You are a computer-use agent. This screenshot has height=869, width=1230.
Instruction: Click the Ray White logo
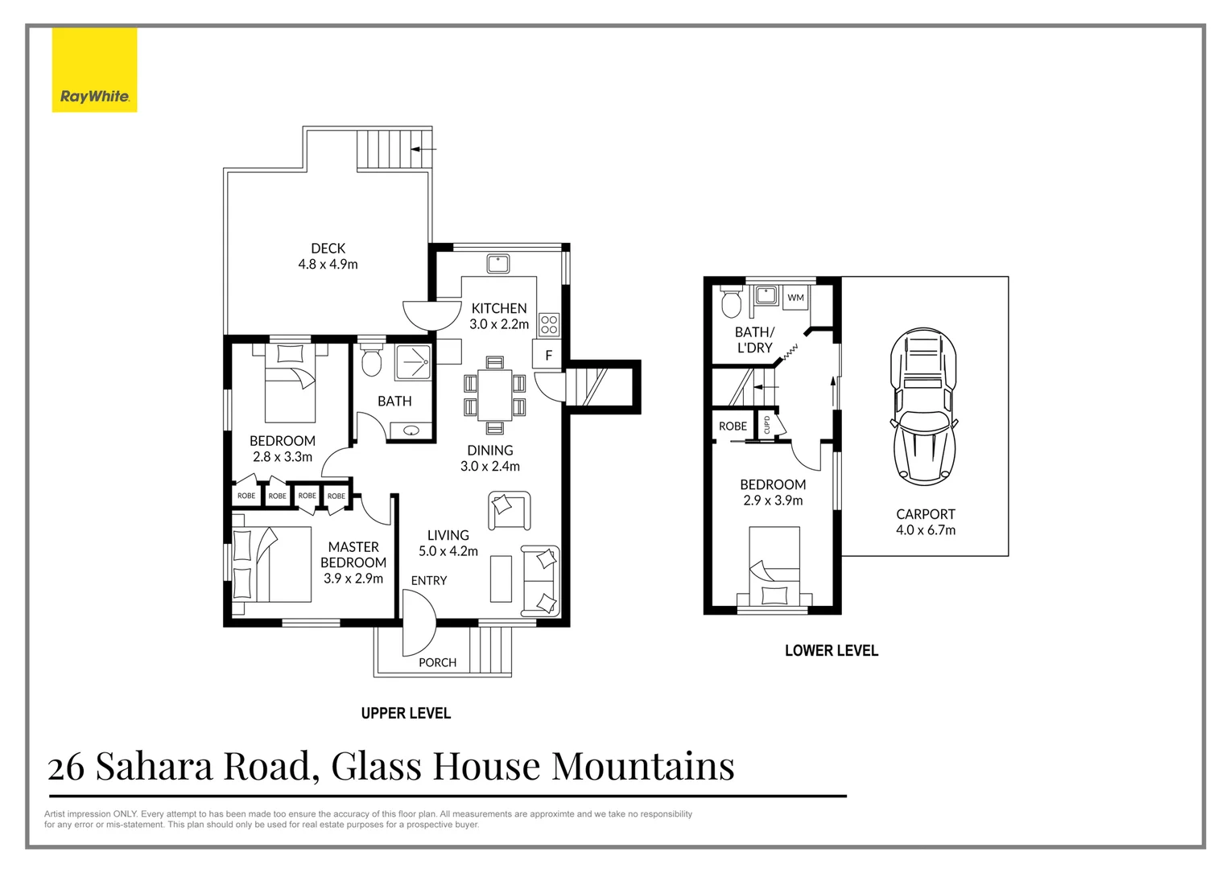click(94, 71)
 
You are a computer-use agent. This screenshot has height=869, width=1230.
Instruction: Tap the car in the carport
click(923, 406)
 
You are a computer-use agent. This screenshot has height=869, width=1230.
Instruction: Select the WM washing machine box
click(795, 298)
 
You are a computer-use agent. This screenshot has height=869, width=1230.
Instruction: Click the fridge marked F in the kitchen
click(548, 355)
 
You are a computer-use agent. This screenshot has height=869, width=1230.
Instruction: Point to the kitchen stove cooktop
click(549, 324)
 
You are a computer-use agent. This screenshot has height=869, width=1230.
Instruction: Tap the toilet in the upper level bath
click(371, 361)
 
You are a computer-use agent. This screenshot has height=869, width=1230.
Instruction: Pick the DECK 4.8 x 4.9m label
click(328, 256)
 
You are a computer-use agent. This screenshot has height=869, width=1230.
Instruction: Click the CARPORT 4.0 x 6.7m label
click(926, 521)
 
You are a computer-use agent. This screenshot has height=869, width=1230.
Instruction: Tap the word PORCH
click(437, 662)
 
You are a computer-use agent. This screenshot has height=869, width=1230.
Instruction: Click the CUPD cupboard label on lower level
click(766, 425)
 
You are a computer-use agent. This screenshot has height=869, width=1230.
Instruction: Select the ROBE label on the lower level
click(733, 426)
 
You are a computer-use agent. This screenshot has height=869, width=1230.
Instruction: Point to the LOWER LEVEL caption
click(831, 650)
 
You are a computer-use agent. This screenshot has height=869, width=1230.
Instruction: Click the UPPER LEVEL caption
click(406, 713)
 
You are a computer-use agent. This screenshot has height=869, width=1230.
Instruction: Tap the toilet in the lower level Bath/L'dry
click(732, 303)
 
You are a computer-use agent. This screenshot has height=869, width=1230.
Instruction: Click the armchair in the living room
click(509, 510)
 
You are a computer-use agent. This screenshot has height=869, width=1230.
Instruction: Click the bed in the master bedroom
click(271, 564)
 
